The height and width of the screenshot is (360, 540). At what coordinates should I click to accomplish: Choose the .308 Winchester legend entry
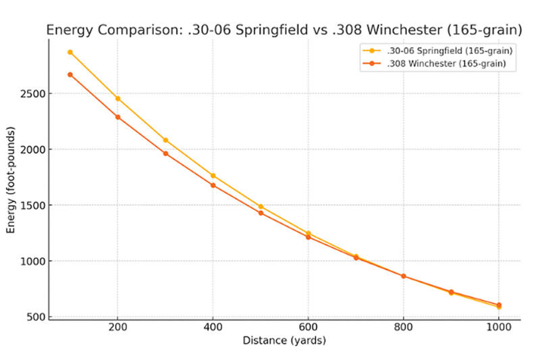[x=442, y=64]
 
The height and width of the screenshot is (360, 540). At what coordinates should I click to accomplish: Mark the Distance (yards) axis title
[x=284, y=341]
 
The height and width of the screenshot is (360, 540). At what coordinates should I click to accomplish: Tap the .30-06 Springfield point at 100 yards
[x=70, y=52]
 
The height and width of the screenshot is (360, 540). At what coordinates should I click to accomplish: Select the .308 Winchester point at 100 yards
[x=70, y=74]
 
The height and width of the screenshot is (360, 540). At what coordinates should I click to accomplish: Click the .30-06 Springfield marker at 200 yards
[x=117, y=99]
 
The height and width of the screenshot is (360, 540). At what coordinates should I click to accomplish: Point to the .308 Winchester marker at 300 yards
[x=165, y=153]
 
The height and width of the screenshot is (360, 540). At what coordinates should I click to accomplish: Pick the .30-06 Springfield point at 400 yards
[x=213, y=176]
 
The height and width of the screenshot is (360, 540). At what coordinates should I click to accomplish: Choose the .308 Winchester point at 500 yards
[x=261, y=213]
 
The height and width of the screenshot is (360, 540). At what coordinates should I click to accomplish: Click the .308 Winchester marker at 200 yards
[x=117, y=117]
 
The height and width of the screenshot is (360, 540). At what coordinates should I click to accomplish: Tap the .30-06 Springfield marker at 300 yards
[x=165, y=140]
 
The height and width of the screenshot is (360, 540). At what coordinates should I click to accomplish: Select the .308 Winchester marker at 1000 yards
[x=499, y=305]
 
